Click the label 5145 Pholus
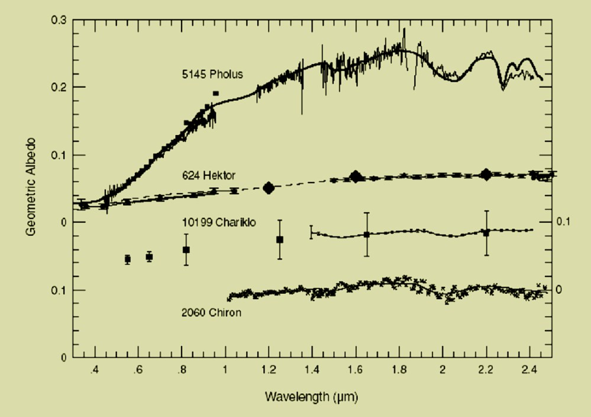[212, 75]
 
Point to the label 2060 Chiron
[211, 312]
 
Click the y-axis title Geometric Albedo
[30, 188]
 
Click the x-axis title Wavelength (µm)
[311, 394]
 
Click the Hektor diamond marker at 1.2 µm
[269, 188]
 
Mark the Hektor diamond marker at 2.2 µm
[486, 174]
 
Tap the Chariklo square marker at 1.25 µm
[280, 239]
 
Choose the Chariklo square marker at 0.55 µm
[127, 259]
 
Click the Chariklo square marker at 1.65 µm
[367, 235]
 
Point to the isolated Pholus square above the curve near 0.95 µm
[215, 94]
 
